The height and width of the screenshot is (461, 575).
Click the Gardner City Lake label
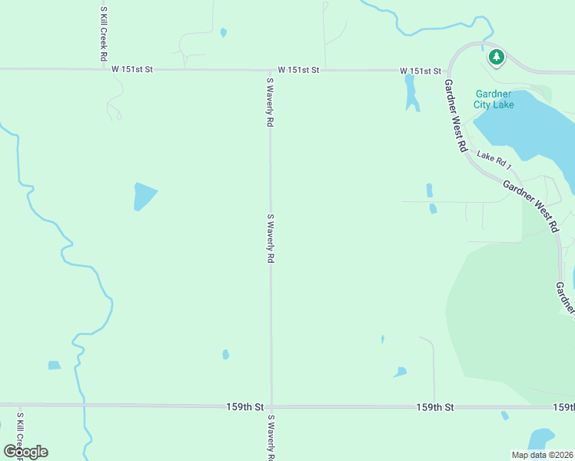[494, 99]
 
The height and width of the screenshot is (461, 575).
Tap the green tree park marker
[497, 56]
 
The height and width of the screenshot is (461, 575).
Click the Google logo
[25, 451]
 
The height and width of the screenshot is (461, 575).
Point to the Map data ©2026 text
[542, 455]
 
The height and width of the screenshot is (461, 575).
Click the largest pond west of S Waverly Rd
[144, 196]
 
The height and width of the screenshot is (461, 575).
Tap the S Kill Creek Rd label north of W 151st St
[103, 34]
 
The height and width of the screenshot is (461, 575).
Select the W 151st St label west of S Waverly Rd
[132, 69]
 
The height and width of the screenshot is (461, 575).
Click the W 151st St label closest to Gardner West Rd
[420, 71]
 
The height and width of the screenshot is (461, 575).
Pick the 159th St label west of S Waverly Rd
[244, 406]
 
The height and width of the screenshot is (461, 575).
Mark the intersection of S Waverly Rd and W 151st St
[270, 70]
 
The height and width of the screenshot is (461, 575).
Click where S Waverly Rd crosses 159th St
[271, 406]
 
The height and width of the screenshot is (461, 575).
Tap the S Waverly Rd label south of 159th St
[271, 438]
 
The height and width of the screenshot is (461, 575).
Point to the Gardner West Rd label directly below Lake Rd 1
[530, 206]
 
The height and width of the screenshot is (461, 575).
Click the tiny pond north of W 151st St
[224, 33]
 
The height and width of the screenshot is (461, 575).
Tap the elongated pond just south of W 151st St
[410, 94]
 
